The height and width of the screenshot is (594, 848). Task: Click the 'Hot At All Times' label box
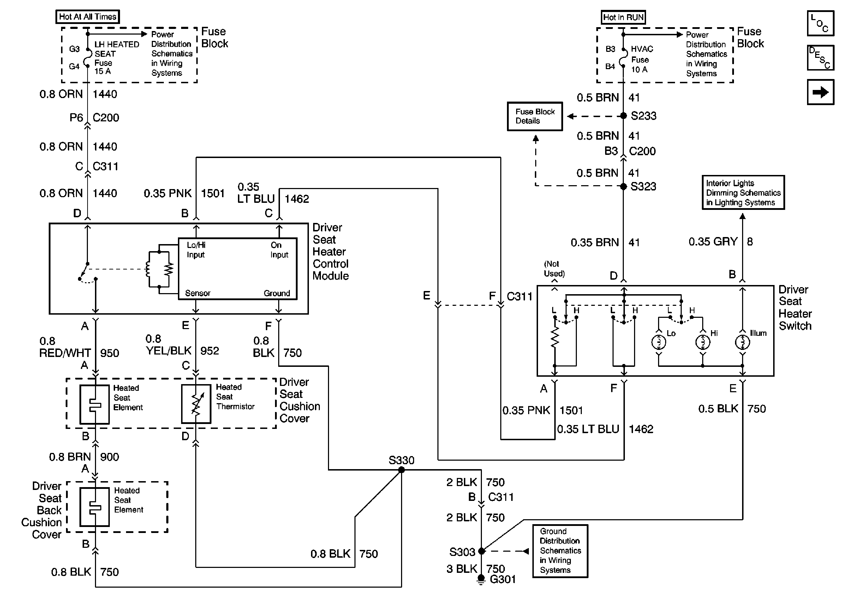pyautogui.click(x=88, y=17)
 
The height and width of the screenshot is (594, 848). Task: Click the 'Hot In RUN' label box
pyautogui.click(x=623, y=17)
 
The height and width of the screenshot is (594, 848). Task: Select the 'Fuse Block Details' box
pyautogui.click(x=535, y=116)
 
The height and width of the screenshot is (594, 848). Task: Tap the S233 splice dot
pyautogui.click(x=623, y=116)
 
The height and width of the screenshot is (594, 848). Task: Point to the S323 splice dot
pyautogui.click(x=623, y=186)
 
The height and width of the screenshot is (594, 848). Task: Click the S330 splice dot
pyautogui.click(x=401, y=470)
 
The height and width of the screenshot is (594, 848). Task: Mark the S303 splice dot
pyautogui.click(x=481, y=551)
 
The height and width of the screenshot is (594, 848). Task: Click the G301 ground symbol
pyautogui.click(x=481, y=580)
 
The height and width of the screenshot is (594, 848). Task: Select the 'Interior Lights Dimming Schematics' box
pyautogui.click(x=743, y=193)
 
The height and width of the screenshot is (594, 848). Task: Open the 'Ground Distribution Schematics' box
pyautogui.click(x=560, y=551)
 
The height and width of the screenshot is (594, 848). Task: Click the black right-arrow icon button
pyautogui.click(x=820, y=92)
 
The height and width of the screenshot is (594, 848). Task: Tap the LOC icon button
pyautogui.click(x=820, y=23)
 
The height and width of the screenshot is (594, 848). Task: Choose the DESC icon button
pyautogui.click(x=820, y=57)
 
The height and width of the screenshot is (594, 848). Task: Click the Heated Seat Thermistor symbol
pyautogui.click(x=196, y=404)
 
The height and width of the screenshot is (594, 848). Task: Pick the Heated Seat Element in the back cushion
pyautogui.click(x=95, y=507)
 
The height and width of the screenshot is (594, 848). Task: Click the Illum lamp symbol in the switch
pyautogui.click(x=742, y=343)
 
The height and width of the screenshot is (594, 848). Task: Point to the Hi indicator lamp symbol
pyautogui.click(x=703, y=343)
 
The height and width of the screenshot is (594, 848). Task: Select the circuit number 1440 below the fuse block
pyautogui.click(x=105, y=94)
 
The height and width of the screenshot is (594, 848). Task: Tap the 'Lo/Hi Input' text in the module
pyautogui.click(x=196, y=250)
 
